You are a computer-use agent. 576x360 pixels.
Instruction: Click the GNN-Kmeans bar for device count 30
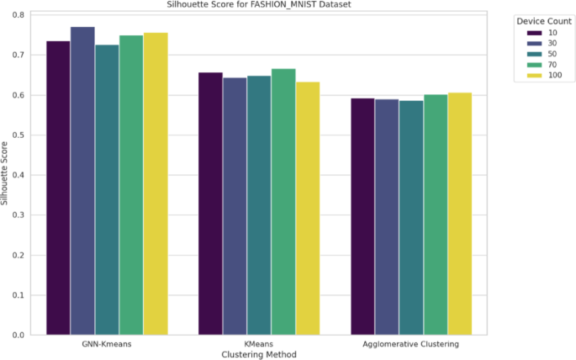click(82, 181)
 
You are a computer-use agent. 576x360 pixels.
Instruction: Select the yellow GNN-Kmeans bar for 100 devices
click(156, 183)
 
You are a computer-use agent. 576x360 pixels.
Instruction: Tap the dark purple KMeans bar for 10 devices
click(210, 204)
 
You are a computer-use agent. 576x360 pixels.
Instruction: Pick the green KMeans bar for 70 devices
click(283, 202)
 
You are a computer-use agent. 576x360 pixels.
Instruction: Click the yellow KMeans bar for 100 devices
click(308, 209)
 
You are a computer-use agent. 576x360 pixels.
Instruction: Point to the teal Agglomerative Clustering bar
click(411, 218)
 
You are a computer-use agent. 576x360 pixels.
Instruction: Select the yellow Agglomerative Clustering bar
click(460, 214)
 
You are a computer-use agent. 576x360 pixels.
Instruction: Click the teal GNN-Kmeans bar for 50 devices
click(107, 190)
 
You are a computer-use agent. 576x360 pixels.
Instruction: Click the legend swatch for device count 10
click(534, 33)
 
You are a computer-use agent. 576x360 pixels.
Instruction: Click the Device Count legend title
click(544, 21)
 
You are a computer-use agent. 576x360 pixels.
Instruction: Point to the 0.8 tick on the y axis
click(18, 15)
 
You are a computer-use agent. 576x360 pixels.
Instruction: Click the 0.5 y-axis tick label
click(18, 135)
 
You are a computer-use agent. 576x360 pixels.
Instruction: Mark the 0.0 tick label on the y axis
click(18, 335)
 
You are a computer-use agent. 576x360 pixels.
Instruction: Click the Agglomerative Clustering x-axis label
click(410, 344)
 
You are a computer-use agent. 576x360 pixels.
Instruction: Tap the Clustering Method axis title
click(259, 354)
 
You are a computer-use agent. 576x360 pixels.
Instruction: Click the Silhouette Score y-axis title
click(4, 173)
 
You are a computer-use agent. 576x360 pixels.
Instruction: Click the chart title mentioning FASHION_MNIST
click(259, 4)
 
